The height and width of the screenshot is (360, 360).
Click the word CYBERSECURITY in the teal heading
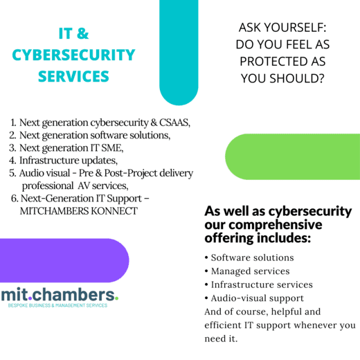pyautogui.click(x=73, y=55)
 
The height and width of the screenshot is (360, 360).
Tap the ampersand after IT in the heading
pyautogui.click(x=83, y=33)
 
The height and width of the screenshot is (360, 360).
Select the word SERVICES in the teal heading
pyautogui.click(x=73, y=76)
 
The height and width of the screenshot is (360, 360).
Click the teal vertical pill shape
pyautogui.click(x=179, y=53)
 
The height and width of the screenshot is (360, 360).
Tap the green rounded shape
pyautogui.click(x=293, y=156)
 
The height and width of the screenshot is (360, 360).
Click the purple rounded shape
pyautogui.click(x=64, y=260)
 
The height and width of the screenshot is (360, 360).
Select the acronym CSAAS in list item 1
pyautogui.click(x=174, y=123)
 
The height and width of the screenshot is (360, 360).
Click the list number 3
pyautogui.click(x=12, y=147)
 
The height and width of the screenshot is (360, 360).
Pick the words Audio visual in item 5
pyautogui.click(x=44, y=173)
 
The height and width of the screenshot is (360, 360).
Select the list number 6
pyautogui.click(x=14, y=199)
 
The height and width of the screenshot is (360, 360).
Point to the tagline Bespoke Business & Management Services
pyautogui.click(x=57, y=305)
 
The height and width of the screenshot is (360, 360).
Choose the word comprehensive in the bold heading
pyautogui.click(x=276, y=224)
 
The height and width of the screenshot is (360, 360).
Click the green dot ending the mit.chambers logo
pyautogui.click(x=116, y=298)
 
